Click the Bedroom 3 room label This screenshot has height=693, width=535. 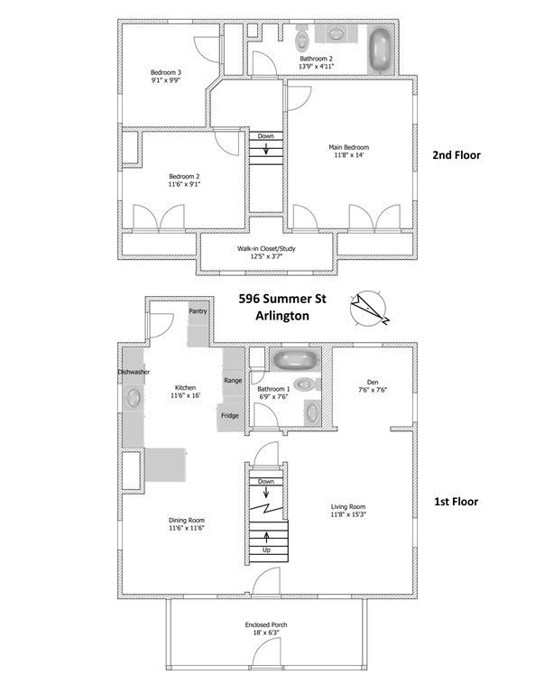point(166,72)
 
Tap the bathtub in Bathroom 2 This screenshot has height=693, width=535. point(380,50)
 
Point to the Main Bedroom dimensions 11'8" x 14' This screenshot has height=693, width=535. point(348,155)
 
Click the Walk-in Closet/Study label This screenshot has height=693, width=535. point(266,249)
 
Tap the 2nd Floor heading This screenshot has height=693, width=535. point(457,155)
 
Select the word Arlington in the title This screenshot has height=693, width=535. point(282,316)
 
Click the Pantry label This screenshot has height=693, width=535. point(198,311)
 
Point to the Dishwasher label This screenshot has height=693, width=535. point(134,372)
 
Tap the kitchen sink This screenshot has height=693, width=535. point(133,398)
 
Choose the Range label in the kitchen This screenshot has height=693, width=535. point(233,381)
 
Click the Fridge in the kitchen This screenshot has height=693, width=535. point(230,417)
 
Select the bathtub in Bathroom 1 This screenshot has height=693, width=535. point(295,360)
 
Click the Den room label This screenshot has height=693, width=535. point(373,383)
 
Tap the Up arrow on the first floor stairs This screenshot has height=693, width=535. point(266,537)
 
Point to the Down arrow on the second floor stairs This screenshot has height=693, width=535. point(266,149)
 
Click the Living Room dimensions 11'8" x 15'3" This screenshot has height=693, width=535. point(348,515)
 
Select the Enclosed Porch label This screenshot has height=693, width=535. point(266,625)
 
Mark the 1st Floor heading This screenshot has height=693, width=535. point(456,502)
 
